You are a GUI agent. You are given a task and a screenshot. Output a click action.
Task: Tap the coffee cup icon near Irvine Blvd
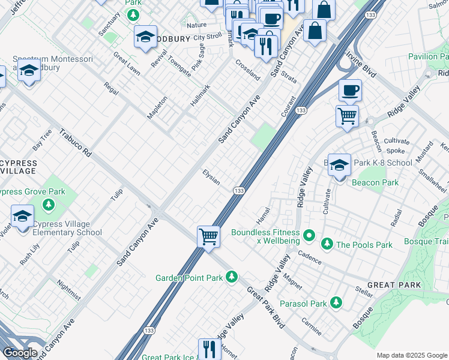(350, 91)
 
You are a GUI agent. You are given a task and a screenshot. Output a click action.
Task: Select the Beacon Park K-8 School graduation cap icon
(339, 164)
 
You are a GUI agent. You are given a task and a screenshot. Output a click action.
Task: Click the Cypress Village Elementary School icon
(22, 217)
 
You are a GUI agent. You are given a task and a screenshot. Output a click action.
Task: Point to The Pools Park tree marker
(327, 244)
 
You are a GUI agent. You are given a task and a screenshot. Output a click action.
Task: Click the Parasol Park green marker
(336, 303)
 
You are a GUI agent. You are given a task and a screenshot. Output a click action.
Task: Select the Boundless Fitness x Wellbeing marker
(309, 235)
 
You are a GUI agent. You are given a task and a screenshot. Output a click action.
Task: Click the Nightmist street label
(68, 289)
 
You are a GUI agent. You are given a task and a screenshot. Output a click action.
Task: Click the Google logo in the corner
(20, 353)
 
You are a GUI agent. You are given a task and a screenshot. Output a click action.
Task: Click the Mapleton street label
(157, 106)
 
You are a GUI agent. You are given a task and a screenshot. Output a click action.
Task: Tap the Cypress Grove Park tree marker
(49, 205)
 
